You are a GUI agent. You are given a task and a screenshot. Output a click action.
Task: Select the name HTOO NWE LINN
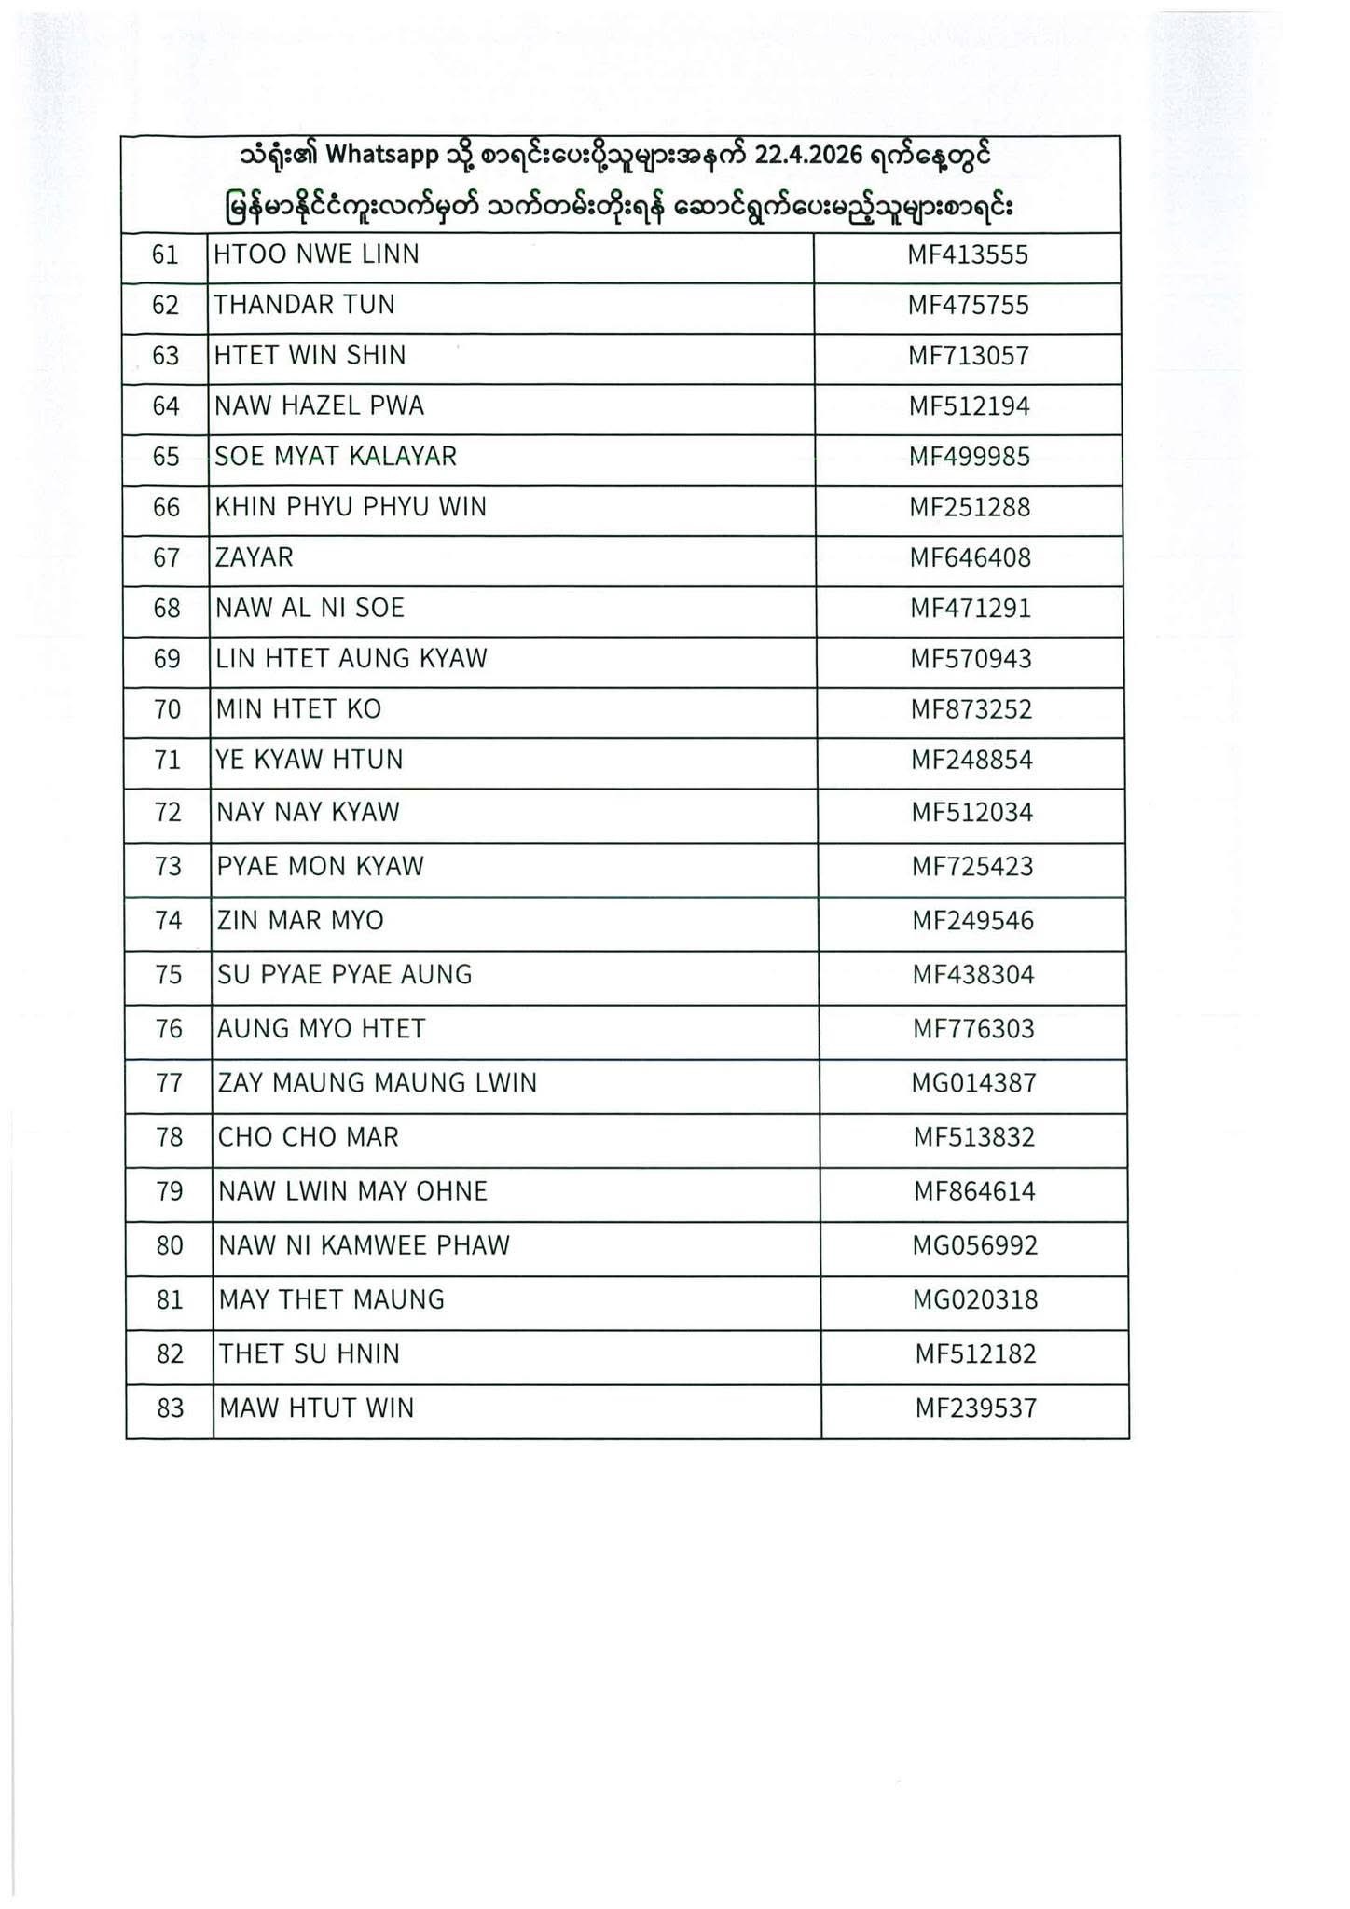pyautogui.click(x=316, y=254)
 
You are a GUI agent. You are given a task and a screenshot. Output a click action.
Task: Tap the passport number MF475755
pyautogui.click(x=968, y=306)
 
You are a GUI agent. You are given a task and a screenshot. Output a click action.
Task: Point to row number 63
pyautogui.click(x=165, y=356)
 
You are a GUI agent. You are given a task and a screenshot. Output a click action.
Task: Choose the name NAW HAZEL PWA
pyautogui.click(x=319, y=406)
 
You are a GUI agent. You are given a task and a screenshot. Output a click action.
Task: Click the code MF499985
pyautogui.click(x=970, y=457)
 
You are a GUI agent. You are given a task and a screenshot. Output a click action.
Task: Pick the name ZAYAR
pyautogui.click(x=254, y=557)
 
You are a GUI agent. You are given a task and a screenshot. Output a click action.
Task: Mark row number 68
pyautogui.click(x=166, y=609)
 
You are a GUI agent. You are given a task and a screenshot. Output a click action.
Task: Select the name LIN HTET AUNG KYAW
pyautogui.click(x=351, y=659)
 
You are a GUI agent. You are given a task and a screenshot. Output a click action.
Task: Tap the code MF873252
pyautogui.click(x=971, y=709)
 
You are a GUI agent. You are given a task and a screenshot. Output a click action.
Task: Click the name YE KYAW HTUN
pyautogui.click(x=310, y=761)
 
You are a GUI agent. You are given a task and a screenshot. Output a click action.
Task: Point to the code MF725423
pyautogui.click(x=971, y=867)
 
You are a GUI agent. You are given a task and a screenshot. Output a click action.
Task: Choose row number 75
pyautogui.click(x=168, y=975)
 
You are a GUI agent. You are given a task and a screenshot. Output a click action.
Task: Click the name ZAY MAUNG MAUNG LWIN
pyautogui.click(x=377, y=1083)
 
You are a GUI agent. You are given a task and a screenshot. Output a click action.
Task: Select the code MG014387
pyautogui.click(x=973, y=1083)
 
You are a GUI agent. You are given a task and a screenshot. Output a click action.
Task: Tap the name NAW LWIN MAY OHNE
pyautogui.click(x=352, y=1191)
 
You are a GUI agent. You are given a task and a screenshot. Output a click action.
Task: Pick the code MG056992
pyautogui.click(x=974, y=1245)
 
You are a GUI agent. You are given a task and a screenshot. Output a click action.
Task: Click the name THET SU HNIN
pyautogui.click(x=309, y=1353)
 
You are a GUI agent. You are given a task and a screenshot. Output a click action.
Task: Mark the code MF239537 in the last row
pyautogui.click(x=975, y=1408)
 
